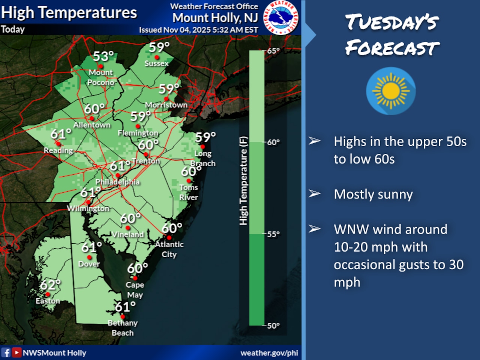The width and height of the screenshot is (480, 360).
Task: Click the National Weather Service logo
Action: point(281,18)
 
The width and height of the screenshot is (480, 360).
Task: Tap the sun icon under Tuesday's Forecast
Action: point(391,91)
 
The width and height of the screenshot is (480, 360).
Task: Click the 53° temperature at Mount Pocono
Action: point(103,57)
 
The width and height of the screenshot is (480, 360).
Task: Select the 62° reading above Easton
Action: point(50,285)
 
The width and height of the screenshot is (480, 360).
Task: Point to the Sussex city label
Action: point(156,63)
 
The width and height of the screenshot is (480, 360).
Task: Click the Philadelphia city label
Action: point(117,182)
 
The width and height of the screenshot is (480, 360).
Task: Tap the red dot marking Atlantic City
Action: point(169,237)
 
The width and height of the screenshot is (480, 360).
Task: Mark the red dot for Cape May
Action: point(135,278)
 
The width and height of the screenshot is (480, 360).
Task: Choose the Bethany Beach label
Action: point(123,328)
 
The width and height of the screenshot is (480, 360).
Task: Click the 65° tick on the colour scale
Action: point(273,51)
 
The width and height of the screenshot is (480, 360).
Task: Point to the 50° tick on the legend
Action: point(273,325)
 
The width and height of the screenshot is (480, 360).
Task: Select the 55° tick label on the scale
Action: point(273,234)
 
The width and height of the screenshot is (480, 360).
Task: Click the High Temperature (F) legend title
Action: point(243,181)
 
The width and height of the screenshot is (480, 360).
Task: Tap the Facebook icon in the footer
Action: point(6,352)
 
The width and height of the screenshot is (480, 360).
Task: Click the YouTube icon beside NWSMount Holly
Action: point(16,352)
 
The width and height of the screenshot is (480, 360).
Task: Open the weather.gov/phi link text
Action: point(269,353)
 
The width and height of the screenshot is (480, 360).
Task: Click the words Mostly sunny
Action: point(373,194)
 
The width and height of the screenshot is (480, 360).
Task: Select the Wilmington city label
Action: point(88,208)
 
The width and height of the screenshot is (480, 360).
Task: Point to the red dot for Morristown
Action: point(166,99)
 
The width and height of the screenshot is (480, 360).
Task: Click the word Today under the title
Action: point(13,29)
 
